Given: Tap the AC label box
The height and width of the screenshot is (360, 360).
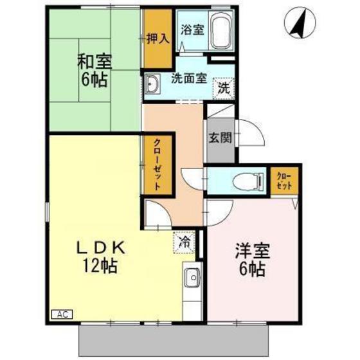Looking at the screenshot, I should tap(62, 315).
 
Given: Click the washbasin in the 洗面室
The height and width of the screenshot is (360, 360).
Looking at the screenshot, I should tap(152, 84).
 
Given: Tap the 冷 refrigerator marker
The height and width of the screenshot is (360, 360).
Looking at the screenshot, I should tap(184, 242).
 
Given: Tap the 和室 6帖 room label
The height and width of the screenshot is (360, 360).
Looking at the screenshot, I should tap(94, 71).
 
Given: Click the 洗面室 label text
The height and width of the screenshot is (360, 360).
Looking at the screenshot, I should tap(188, 79).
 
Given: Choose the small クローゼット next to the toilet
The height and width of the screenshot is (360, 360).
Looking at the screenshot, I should tap(283, 180).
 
